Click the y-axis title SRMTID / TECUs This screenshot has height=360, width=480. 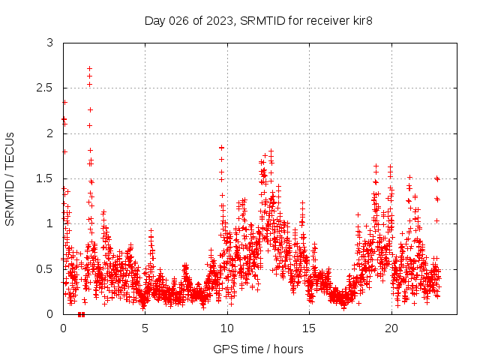coord(10,178)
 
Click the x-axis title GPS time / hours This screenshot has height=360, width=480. coord(258,349)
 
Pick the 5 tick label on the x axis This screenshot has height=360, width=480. coord(145,328)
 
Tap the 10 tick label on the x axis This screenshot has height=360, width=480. coord(227,328)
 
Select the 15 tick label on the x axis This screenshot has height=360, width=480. coord(310,328)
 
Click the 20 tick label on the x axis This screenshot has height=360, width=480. coord(391,328)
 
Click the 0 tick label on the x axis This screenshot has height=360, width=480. coord(63,328)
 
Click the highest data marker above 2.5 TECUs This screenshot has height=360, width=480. coord(89,68)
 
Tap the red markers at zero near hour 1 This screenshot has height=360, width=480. coord(81,314)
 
